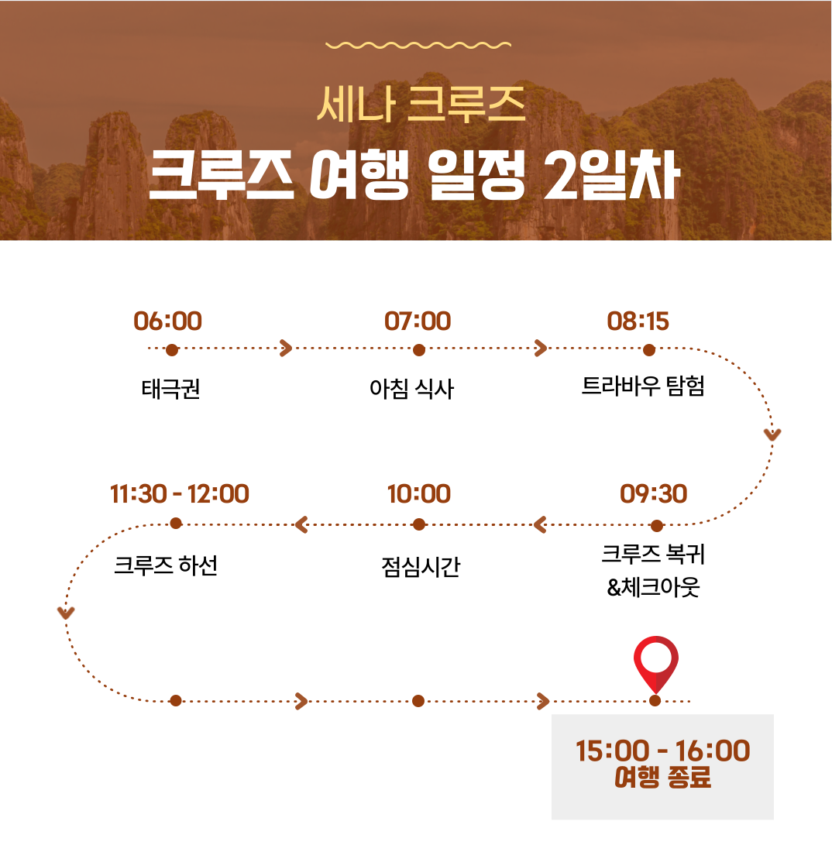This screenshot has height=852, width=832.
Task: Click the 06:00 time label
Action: [167, 321]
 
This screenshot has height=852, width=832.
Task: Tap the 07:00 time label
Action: [418, 321]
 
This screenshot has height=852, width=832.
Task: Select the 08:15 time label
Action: [638, 321]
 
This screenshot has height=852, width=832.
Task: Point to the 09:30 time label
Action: [653, 494]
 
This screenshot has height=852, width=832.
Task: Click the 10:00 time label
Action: [419, 494]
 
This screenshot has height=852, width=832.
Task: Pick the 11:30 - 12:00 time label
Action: [179, 494]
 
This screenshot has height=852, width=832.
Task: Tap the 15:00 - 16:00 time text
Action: [662, 751]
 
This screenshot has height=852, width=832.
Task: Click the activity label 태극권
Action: [170, 389]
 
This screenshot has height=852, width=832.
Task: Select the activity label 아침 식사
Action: [411, 389]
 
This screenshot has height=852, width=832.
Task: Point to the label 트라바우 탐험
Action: [643, 386]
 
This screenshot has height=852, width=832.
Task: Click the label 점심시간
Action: [421, 567]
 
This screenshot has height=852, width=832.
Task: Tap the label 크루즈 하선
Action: [166, 565]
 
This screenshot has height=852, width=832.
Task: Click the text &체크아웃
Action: [653, 587]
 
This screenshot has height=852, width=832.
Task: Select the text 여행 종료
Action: [662, 778]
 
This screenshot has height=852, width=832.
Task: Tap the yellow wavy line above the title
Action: [418, 45]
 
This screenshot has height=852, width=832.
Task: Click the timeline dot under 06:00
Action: [172, 350]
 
